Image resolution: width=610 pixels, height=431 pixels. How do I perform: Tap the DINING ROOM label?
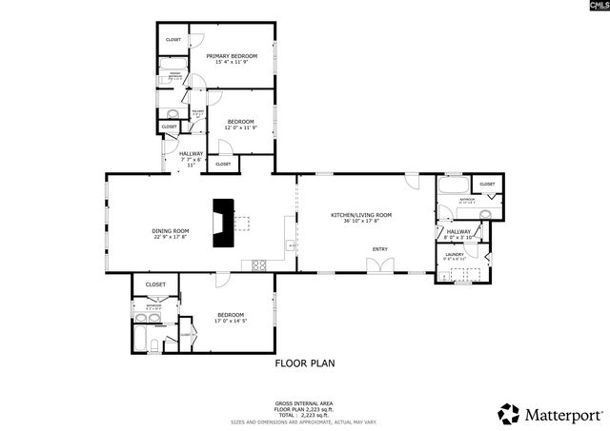click(171, 231)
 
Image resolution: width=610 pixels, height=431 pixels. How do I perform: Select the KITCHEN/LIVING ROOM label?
click(361, 215)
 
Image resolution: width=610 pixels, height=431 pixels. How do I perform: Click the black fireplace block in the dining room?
click(224, 223)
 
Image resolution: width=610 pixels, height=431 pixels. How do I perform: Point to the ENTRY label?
click(380, 250)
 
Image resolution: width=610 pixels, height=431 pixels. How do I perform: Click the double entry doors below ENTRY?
click(380, 266)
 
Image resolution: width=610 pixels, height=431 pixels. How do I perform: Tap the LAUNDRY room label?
click(455, 254)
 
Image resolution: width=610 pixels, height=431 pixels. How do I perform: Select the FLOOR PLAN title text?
click(305, 362)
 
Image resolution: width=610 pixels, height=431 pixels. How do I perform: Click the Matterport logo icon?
click(509, 414)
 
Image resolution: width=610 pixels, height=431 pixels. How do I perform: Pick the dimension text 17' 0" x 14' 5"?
click(231, 321)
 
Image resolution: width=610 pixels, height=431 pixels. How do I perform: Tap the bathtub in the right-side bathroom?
click(451, 184)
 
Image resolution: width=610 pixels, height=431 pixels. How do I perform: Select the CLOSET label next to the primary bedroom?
click(173, 39)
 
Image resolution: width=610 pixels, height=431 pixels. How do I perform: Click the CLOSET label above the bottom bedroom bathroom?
click(155, 284)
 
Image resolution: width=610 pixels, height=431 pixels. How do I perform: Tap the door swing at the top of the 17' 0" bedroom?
click(221, 281)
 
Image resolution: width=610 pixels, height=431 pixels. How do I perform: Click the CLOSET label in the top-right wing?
click(487, 184)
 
